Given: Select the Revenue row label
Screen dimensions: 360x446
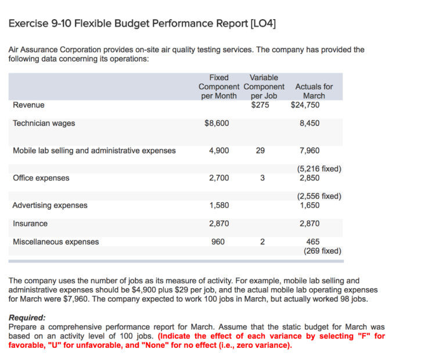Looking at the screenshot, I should pyautogui.click(x=28, y=105).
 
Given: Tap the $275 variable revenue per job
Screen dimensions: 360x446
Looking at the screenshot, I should pyautogui.click(x=260, y=105).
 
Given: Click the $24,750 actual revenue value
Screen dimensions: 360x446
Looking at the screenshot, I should pyautogui.click(x=305, y=105).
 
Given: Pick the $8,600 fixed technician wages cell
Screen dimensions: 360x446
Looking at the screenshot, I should pyautogui.click(x=217, y=123).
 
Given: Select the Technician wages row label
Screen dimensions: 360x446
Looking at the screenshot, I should pyautogui.click(x=44, y=123).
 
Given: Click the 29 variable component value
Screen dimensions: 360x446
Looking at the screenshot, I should pyautogui.click(x=260, y=150).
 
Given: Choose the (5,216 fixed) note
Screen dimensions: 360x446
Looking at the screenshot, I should pyautogui.click(x=318, y=169).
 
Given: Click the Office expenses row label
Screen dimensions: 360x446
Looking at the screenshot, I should pyautogui.click(x=41, y=178).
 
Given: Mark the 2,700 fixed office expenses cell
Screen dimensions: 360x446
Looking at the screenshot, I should pyautogui.click(x=218, y=178).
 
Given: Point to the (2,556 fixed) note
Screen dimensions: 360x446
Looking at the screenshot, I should pyautogui.click(x=318, y=196).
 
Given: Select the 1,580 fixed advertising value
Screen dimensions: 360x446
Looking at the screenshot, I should pyautogui.click(x=218, y=205).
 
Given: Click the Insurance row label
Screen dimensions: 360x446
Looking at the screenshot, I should pyautogui.click(x=30, y=224).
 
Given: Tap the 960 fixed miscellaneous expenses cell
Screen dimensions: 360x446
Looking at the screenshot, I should pyautogui.click(x=221, y=242).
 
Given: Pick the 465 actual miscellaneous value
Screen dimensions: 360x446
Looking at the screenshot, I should pyautogui.click(x=312, y=242).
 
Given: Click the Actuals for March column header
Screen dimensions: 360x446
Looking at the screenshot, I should pyautogui.click(x=314, y=91).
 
